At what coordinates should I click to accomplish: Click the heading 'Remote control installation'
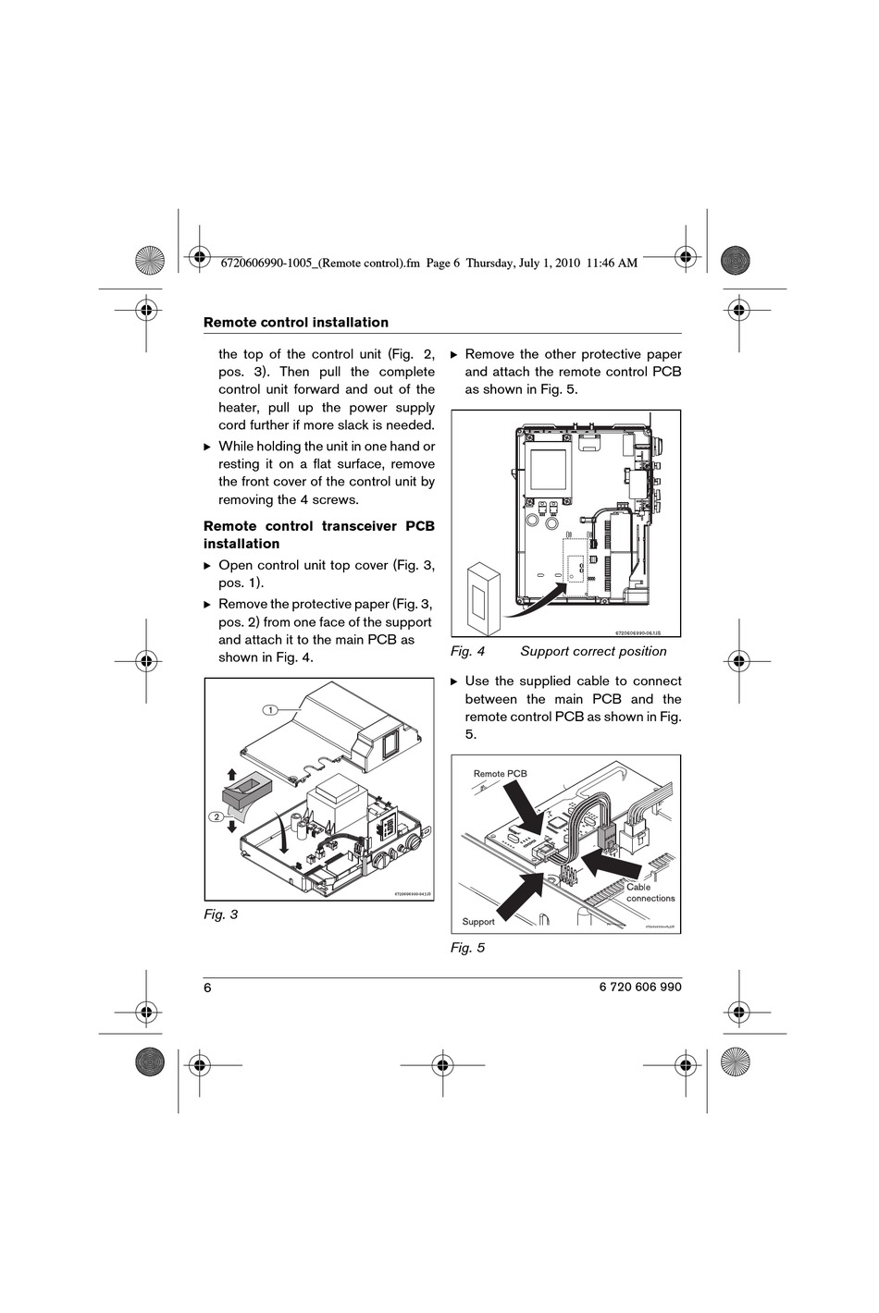[x=296, y=323]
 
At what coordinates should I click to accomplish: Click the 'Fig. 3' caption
[x=221, y=914]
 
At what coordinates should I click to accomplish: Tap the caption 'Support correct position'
[x=593, y=651]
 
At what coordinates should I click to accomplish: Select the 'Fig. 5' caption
[x=467, y=948]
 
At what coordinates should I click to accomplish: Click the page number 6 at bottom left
[x=208, y=988]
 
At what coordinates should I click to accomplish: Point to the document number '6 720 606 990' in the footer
[x=634, y=987]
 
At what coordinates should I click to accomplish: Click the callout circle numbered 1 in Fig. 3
[x=269, y=710]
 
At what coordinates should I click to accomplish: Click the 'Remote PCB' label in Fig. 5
[x=500, y=774]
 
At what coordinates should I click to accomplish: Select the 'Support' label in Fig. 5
[x=478, y=921]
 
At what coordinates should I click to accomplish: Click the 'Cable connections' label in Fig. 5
[x=650, y=892]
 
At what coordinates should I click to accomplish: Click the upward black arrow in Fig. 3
[x=232, y=775]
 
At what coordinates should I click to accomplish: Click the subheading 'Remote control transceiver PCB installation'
[x=318, y=534]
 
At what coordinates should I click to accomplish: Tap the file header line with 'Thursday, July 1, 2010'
[x=429, y=263]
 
